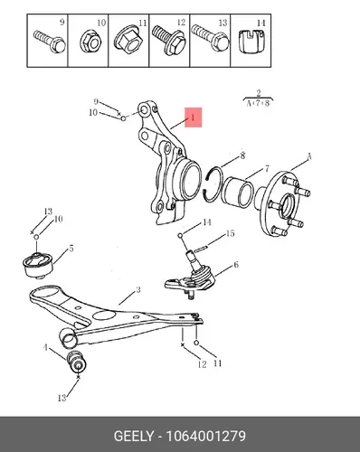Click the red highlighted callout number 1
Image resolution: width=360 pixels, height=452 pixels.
pyautogui.click(x=193, y=118)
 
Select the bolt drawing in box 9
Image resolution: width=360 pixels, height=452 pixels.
pyautogui.click(x=50, y=42)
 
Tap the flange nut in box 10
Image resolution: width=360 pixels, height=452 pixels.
pyautogui.click(x=90, y=43)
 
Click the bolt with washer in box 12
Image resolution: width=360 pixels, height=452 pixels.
pyautogui.click(x=169, y=40)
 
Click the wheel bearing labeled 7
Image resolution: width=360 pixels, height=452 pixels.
pyautogui.click(x=237, y=193)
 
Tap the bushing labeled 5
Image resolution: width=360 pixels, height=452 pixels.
pyautogui.click(x=38, y=265)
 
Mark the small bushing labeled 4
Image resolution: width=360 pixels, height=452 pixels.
pyautogui.click(x=76, y=361)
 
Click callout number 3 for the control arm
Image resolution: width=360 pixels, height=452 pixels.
pyautogui.click(x=138, y=290)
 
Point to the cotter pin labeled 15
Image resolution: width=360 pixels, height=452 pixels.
pyautogui.click(x=200, y=249)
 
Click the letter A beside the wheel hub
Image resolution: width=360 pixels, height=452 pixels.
pyautogui.click(x=308, y=156)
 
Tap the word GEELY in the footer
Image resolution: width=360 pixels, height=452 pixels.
pyautogui.click(x=133, y=436)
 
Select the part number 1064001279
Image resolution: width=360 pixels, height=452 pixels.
pyautogui.click(x=206, y=436)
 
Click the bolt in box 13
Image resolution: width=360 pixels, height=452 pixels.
pyautogui.click(x=210, y=38)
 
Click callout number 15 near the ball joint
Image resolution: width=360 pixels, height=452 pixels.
pyautogui.click(x=230, y=233)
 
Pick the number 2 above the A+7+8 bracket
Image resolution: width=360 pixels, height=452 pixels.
pyautogui.click(x=259, y=93)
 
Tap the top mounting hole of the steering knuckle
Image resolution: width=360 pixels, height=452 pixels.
pyautogui.click(x=145, y=109)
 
